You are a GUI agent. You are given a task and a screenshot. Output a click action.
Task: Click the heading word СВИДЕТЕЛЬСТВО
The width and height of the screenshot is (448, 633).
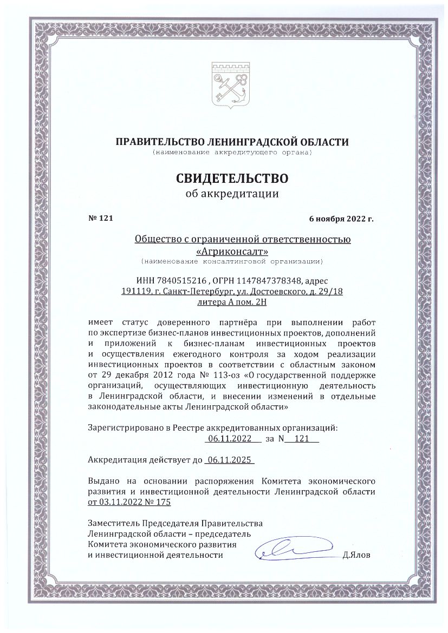[231, 177]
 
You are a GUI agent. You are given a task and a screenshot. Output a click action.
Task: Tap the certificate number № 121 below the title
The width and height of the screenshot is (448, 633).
[100, 218]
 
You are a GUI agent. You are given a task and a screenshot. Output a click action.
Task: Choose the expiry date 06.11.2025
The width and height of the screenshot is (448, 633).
[230, 460]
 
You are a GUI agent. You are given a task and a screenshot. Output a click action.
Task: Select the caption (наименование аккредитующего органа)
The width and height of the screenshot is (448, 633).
[231, 154]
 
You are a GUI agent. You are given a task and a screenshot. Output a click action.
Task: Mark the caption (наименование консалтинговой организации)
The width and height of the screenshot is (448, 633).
[231, 262]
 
